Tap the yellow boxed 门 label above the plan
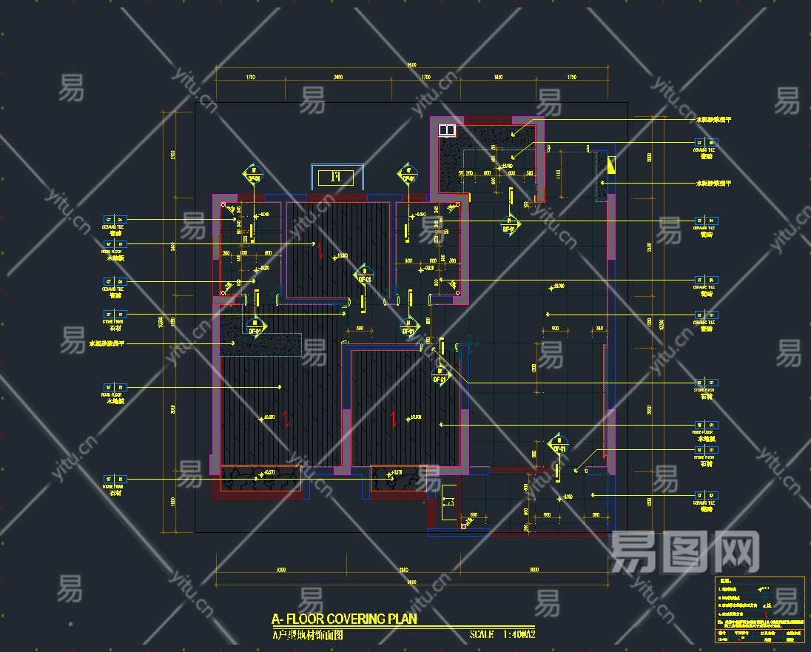click(x=335, y=177)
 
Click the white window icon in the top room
click(x=447, y=130)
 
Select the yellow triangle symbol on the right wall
click(x=610, y=164)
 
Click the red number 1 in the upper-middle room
click(x=320, y=250)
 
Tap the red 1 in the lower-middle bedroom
click(x=394, y=420)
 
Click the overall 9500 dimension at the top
click(x=411, y=67)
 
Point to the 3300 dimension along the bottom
click(x=282, y=570)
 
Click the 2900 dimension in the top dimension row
click(x=338, y=77)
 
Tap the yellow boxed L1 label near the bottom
click(x=448, y=505)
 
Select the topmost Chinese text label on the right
click(x=713, y=119)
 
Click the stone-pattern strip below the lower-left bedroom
click(x=260, y=480)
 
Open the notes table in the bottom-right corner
click(x=760, y=609)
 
